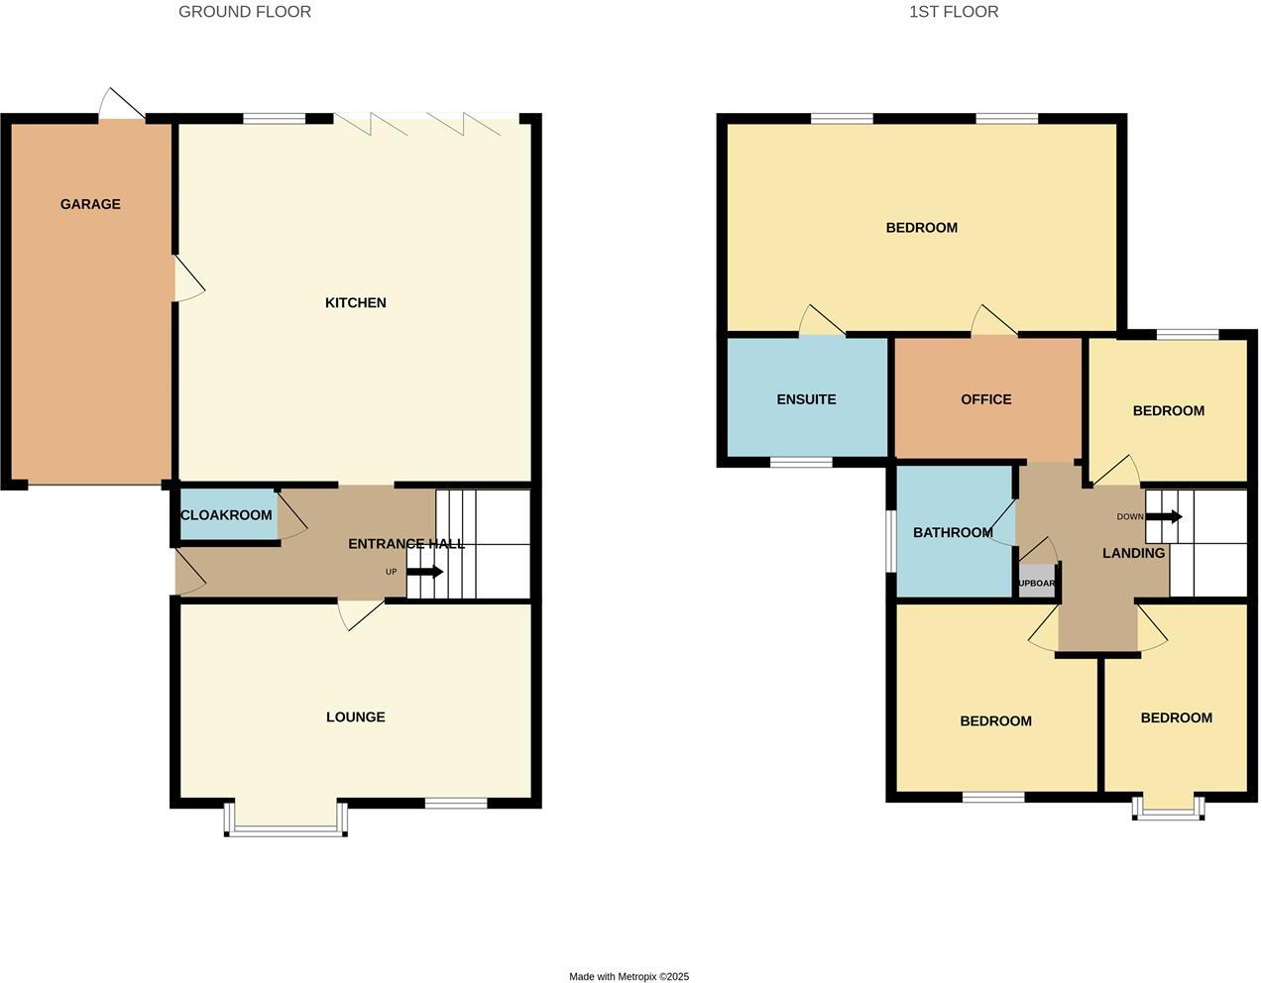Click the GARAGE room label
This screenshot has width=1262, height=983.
pos(90,204)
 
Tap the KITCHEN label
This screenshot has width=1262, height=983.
pos(355,302)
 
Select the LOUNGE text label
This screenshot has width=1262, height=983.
pos(355,716)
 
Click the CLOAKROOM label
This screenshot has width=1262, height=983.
pos(226,515)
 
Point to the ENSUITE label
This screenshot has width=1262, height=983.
pos(806,399)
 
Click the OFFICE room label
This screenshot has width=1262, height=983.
pos(985,399)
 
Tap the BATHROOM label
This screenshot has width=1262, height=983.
pos(953,532)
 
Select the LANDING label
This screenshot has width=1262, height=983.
pos(1133,553)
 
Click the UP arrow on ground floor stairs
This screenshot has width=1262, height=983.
pos(424,572)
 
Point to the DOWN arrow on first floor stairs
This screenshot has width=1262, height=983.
pos(1163,516)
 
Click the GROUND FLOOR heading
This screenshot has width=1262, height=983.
pos(245,12)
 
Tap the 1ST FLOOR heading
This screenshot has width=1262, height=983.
pos(954,12)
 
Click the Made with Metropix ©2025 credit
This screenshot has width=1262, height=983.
pos(629,976)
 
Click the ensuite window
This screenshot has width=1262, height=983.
pos(801,462)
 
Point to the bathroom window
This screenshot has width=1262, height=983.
pos(891,541)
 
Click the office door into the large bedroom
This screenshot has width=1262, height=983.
pos(993,323)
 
